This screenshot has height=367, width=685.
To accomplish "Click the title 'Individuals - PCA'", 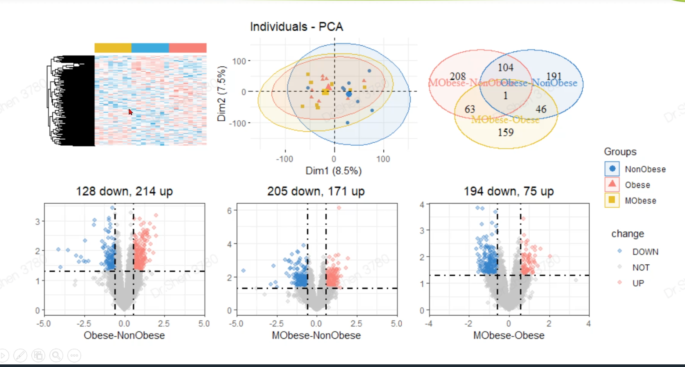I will click(x=296, y=27).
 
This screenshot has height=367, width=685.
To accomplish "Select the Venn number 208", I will click(x=458, y=76).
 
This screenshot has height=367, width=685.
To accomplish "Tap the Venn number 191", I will click(x=554, y=76).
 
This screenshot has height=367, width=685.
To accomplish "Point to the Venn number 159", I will click(x=506, y=132).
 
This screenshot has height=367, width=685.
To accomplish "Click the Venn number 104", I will click(x=505, y=67).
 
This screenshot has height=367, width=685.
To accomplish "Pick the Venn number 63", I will click(x=470, y=109).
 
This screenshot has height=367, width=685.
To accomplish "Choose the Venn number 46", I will click(x=541, y=109).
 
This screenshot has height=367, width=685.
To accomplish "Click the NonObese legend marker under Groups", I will click(x=612, y=169).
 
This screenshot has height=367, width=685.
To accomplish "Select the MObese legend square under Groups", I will click(x=612, y=201).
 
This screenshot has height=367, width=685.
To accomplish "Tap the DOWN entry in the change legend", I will click(x=645, y=252).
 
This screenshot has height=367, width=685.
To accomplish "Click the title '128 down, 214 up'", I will click(x=124, y=191).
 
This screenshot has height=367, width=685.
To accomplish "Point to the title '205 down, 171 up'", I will click(x=316, y=191).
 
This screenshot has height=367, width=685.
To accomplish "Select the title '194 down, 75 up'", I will click(x=508, y=191).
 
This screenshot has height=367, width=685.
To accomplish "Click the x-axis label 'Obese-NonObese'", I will click(x=124, y=336).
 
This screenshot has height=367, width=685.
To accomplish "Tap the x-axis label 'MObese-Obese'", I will click(x=508, y=336).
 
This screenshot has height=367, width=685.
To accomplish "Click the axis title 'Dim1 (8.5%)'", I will click(x=333, y=171).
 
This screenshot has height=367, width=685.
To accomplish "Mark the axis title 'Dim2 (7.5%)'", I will click(x=222, y=94).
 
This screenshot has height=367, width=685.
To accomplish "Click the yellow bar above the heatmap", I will click(x=113, y=48).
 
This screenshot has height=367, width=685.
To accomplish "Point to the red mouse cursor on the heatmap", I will click(x=131, y=112).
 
